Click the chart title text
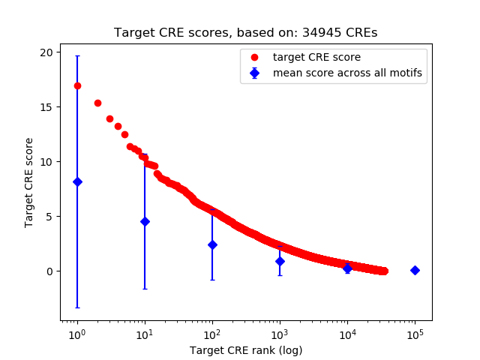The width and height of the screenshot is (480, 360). click(245, 33)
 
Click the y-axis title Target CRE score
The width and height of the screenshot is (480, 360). click(29, 182)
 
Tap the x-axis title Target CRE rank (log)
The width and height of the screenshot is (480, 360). click(245, 349)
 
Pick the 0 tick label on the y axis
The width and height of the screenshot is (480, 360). click(49, 271)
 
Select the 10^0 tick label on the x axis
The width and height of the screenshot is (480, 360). click(76, 334)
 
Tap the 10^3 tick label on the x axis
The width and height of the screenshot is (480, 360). click(280, 334)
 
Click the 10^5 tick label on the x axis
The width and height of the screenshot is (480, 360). click(415, 334)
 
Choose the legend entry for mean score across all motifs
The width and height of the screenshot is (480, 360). click(347, 73)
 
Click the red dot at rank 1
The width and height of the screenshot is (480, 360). click(77, 85)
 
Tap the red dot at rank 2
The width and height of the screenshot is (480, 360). click(97, 103)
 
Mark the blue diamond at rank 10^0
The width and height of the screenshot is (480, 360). click(77, 181)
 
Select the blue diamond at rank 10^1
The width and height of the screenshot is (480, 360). click(145, 221)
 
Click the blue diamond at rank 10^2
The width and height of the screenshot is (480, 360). click(212, 244)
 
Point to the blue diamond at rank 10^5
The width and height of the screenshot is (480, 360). click(415, 270)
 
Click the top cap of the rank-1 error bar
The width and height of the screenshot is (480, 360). click(77, 56)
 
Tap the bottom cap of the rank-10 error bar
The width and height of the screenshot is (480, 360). click(145, 289)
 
